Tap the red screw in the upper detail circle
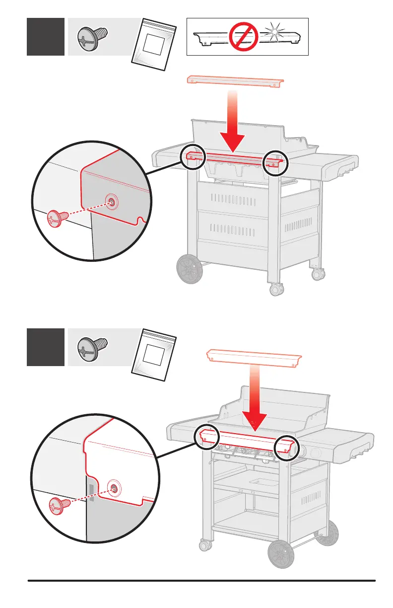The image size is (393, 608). tap(55, 219)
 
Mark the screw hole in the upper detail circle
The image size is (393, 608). tap(112, 201)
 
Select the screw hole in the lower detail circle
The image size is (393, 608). tap(115, 488)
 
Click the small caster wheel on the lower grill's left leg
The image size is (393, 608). tap(203, 545)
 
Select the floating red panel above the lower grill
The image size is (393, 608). tap(254, 357)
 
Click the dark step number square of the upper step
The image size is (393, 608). tap(46, 37)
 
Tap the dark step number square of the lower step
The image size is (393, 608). tap(46, 347)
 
